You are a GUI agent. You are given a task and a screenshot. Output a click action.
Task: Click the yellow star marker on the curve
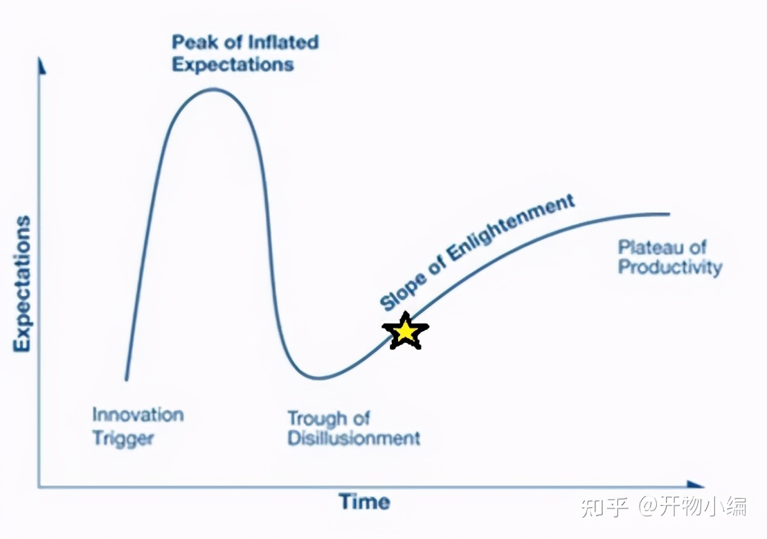[x=405, y=331]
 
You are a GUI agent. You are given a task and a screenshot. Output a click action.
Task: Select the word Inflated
[x=283, y=42]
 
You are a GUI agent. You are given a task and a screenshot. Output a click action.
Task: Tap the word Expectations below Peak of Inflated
[x=233, y=64]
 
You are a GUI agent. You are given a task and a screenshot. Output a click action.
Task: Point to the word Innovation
[x=138, y=415]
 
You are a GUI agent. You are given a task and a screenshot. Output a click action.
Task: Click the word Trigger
[x=123, y=438]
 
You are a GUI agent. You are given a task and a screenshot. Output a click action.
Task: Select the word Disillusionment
[x=354, y=438]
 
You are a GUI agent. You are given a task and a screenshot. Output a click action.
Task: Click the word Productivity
[x=670, y=267]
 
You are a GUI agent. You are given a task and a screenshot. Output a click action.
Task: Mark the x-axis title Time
[x=364, y=502]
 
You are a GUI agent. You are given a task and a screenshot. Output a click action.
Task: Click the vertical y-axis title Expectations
[x=22, y=283]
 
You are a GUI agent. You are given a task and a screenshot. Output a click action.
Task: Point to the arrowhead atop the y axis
[x=42, y=66]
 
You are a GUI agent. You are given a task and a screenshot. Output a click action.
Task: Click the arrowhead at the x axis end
[x=695, y=485]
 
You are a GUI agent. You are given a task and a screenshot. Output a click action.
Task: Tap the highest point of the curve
[x=213, y=89]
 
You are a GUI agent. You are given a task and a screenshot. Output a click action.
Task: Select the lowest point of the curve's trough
[x=318, y=378]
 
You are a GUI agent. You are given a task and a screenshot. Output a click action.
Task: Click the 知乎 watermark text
[x=605, y=506]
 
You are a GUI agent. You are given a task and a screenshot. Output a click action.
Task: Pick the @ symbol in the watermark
[x=647, y=506]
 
